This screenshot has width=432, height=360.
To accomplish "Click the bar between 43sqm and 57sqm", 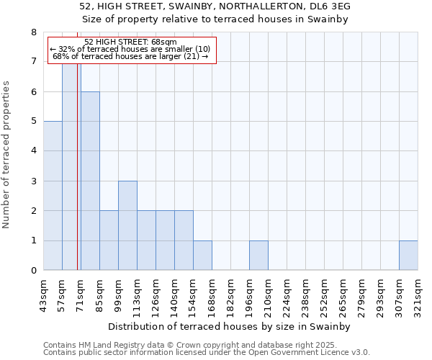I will (53, 196).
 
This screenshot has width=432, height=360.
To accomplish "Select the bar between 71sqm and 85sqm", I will (90, 181).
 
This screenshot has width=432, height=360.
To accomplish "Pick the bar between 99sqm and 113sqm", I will (127, 225).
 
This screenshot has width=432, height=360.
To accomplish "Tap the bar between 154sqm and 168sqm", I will (202, 256).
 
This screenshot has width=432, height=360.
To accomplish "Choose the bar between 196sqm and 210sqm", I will (258, 256).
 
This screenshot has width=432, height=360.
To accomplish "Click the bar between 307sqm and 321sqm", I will (408, 256).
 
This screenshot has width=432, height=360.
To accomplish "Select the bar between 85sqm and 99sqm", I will (109, 240).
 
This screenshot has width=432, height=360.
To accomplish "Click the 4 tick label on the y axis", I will (33, 151).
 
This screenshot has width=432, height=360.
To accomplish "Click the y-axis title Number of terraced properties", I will (8, 155).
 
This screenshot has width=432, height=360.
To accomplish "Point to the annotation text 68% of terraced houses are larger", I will (130, 56).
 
